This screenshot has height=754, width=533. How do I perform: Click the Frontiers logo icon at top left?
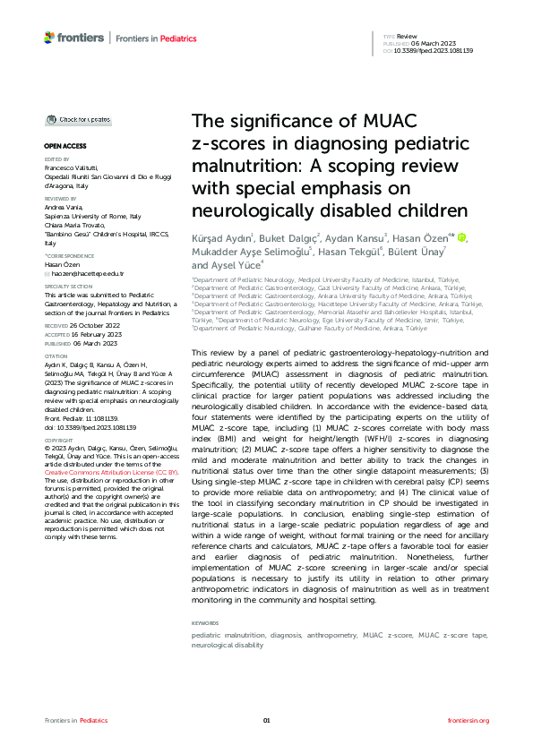[49, 36]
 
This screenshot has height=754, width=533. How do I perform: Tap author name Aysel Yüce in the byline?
[228, 265]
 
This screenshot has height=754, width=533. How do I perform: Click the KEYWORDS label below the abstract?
[205, 621]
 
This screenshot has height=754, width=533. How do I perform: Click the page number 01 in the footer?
[266, 721]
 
